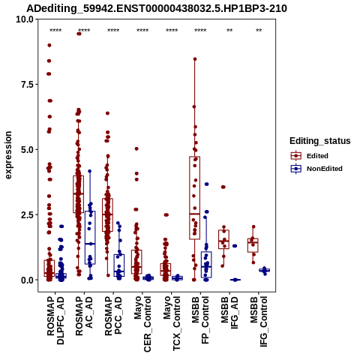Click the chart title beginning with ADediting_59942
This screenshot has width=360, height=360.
(157, 8)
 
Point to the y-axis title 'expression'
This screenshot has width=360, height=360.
(8, 155)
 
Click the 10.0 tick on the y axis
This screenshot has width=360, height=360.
(25, 19)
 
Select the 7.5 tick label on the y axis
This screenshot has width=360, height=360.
(27, 85)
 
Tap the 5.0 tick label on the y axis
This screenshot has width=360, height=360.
(27, 150)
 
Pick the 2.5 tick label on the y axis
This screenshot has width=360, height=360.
(27, 215)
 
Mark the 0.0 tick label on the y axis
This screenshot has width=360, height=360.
(27, 280)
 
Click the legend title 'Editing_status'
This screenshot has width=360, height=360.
(320, 141)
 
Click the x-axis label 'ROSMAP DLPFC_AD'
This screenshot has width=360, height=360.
(55, 320)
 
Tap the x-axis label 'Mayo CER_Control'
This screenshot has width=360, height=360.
(142, 324)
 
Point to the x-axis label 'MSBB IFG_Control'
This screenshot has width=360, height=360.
(259, 322)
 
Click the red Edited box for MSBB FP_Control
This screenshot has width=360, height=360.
(195, 198)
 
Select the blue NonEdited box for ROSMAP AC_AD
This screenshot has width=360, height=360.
(90, 238)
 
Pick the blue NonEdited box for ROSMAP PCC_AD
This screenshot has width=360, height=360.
(119, 265)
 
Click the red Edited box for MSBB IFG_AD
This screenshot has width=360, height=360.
(223, 239)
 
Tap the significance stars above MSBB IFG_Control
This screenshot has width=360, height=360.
(259, 31)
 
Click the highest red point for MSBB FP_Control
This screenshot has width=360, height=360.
(195, 59)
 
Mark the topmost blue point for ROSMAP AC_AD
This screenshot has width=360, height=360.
(90, 171)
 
